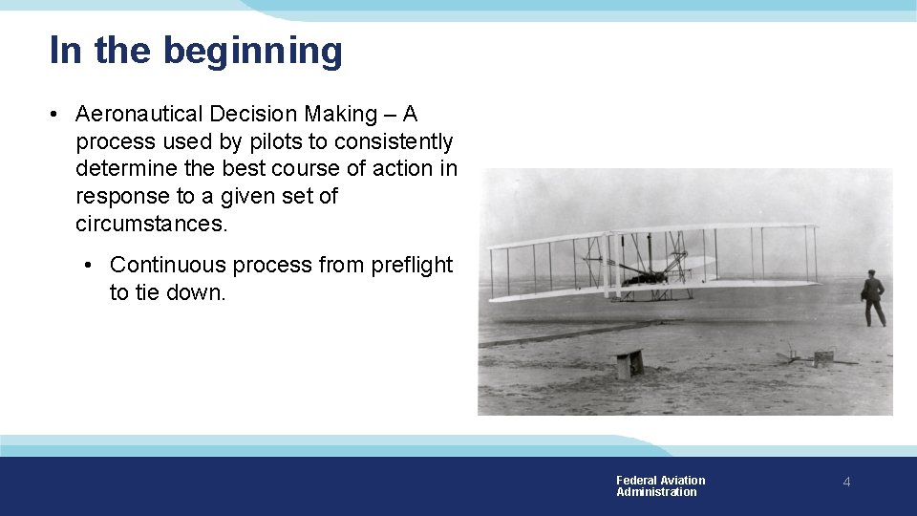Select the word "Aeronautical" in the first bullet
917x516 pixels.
pyautogui.click(x=139, y=115)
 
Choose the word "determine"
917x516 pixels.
pyautogui.click(x=123, y=170)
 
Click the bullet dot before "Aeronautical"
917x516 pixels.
pyautogui.click(x=58, y=115)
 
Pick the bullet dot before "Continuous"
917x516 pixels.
pyautogui.click(x=88, y=265)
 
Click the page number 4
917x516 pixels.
pyautogui.click(x=846, y=483)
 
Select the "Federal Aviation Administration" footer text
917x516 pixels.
pyautogui.click(x=660, y=486)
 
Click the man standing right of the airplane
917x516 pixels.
pyautogui.click(x=873, y=297)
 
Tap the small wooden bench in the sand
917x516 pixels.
pyautogui.click(x=629, y=363)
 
